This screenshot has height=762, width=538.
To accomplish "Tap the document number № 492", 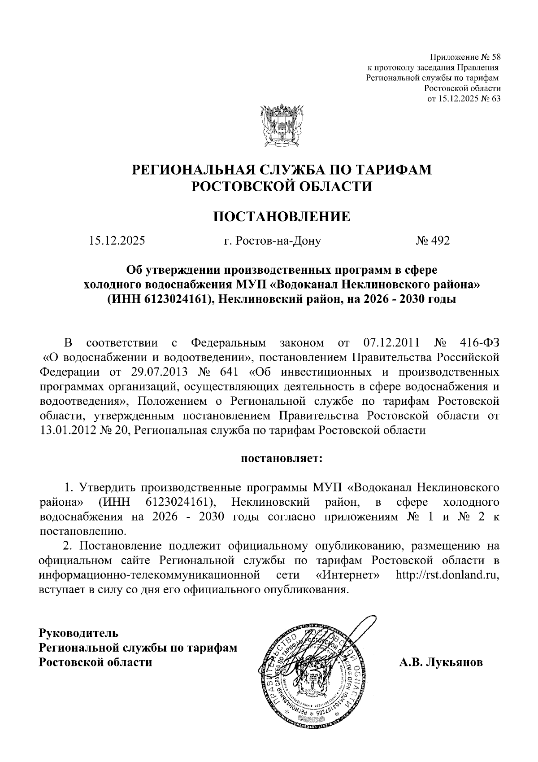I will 432,241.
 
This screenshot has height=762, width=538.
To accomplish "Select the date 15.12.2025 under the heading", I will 117,241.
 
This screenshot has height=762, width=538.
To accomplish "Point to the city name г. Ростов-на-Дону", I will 273,241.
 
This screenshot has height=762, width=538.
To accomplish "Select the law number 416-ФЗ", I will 479,343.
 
